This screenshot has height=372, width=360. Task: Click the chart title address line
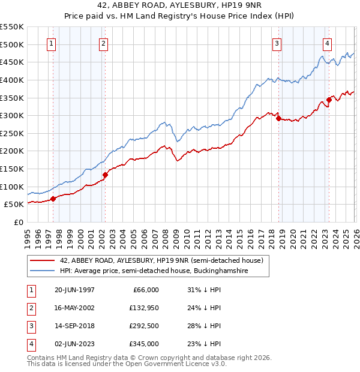tap(179, 5)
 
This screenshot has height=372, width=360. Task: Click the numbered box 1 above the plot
tap(52, 43)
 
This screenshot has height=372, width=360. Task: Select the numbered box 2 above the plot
tap(104, 43)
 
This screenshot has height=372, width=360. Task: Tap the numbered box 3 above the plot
tap(277, 43)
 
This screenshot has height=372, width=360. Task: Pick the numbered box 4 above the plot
tap(327, 43)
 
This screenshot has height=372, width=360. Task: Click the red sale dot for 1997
tap(53, 199)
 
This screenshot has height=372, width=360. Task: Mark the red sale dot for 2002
tap(105, 175)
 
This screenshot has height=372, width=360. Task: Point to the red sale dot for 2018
tap(278, 118)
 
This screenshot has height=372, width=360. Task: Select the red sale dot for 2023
tap(329, 100)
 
